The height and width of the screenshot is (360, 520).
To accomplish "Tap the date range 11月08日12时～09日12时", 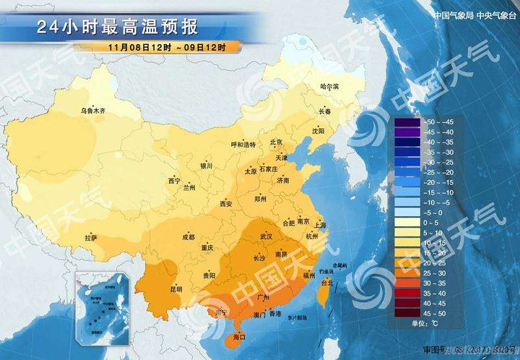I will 167,47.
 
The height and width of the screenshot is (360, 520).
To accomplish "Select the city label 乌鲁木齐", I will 93,111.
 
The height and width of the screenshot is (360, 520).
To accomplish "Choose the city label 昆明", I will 175,289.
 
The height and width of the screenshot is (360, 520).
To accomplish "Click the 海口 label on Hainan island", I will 239,337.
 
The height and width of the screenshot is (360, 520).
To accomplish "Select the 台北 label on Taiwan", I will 327,283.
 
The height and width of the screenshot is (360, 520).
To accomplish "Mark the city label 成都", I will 188,237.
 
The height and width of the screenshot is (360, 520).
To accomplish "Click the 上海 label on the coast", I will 319,225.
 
